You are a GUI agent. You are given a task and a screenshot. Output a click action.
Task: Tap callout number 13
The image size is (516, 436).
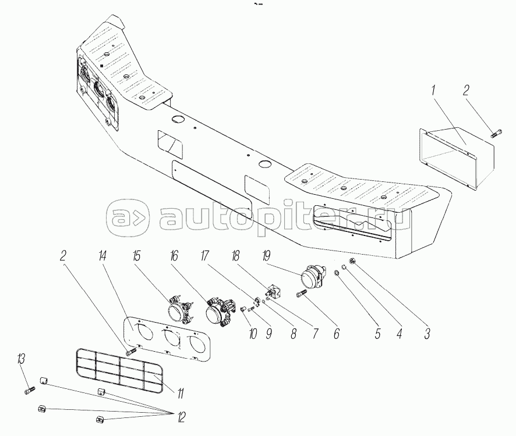pos(22,358)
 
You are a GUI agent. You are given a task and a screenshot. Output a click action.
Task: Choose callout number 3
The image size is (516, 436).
pos(427,334)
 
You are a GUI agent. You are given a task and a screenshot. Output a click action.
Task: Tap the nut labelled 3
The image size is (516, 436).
pos(353,260)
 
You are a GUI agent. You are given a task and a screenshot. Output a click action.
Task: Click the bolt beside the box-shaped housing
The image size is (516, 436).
pos(496,135)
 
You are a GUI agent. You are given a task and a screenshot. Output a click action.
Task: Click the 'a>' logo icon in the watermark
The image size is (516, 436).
pos(126,219)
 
